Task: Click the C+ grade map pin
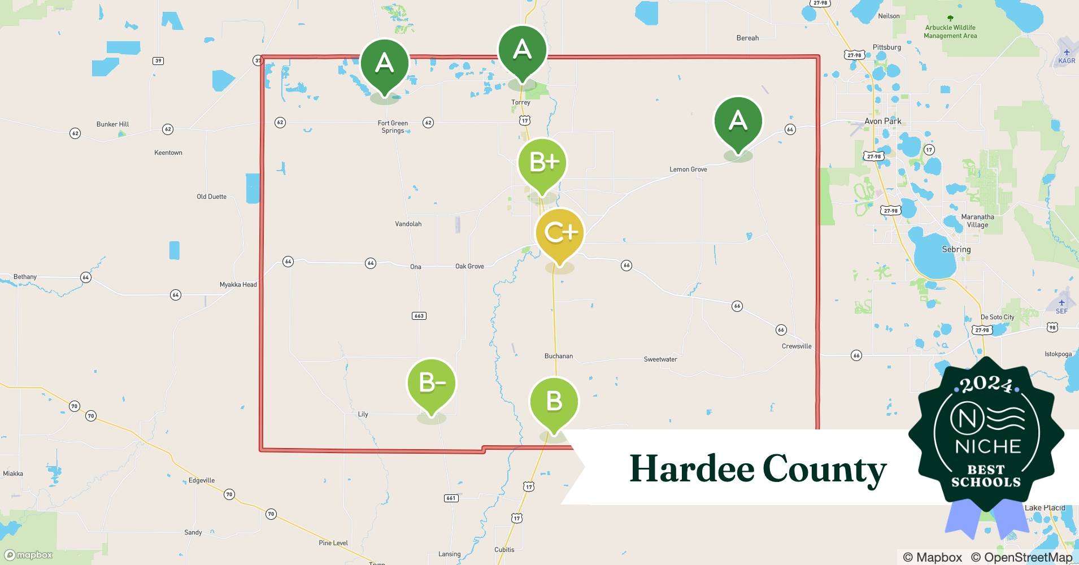point(559,233)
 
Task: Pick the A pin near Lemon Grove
point(738,121)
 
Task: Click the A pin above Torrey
point(522,51)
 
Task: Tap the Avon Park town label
point(882,121)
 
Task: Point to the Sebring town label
point(956,249)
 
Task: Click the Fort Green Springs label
point(393,127)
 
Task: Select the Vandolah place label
point(408,224)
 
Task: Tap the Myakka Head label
point(238,285)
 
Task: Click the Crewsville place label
point(797,346)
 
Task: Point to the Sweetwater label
point(660,359)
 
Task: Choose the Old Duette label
point(211,197)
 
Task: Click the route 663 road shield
point(419,316)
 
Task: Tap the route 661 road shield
point(451,498)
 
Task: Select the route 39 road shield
point(158,61)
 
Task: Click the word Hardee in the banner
point(691,469)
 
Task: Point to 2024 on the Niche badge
point(986,385)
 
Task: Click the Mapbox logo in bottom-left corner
point(28,555)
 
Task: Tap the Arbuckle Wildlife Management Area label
point(950,32)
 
